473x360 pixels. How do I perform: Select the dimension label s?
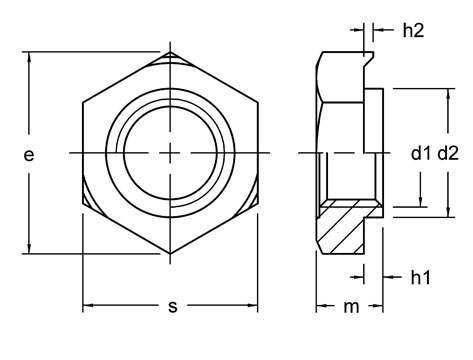[172, 307]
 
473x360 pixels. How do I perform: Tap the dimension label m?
[349, 307]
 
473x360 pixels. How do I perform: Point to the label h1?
[421, 276]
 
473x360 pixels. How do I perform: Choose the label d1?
[421, 153]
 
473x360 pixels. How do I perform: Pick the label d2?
[449, 153]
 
